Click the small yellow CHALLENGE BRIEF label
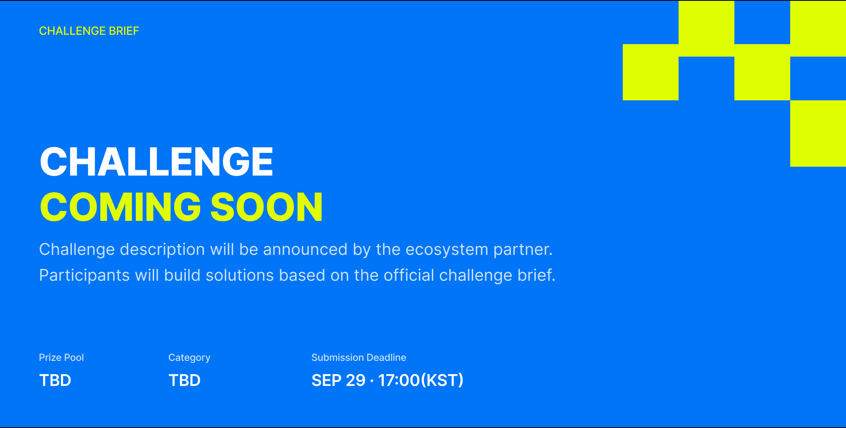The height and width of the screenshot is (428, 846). tap(89, 31)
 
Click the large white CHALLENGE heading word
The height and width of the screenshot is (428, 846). tap(157, 161)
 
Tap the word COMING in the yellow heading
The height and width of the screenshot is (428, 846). tap(121, 207)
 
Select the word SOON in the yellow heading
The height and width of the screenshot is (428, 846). tap(266, 207)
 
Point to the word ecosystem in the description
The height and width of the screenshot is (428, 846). tap(447, 250)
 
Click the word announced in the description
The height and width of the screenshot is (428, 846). tap(305, 250)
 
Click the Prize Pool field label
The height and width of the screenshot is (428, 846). tap(61, 358)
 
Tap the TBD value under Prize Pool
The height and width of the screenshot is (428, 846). tap(55, 380)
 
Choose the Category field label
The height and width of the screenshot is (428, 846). tap(189, 358)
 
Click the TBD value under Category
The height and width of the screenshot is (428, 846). tap(184, 380)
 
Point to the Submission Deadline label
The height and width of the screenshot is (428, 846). tap(359, 358)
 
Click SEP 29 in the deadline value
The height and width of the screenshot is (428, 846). tap(338, 380)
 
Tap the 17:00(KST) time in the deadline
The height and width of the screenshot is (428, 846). tap(421, 380)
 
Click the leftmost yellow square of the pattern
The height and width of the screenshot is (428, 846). tap(651, 72)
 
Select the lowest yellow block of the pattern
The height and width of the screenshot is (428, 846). tap(818, 133)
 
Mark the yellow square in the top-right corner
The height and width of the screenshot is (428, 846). tap(818, 28)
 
